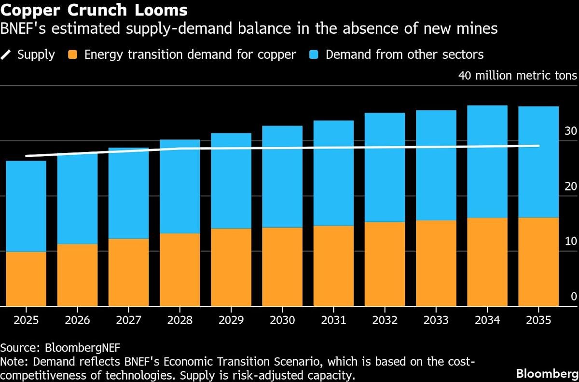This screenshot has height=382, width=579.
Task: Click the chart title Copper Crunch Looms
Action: [x=94, y=10]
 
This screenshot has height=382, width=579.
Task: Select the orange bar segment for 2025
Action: [x=26, y=279]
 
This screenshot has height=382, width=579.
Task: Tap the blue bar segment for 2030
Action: [x=282, y=177]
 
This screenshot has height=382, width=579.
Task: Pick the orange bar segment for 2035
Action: [x=538, y=261]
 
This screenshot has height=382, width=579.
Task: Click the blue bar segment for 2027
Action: [x=128, y=193]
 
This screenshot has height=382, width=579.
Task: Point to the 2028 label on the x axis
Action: [x=179, y=320]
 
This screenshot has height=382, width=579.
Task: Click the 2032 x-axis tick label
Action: [x=385, y=320]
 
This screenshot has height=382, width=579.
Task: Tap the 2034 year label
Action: [x=487, y=320]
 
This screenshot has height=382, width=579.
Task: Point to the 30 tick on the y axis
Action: [x=570, y=131]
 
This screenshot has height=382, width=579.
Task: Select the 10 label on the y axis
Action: [x=570, y=241]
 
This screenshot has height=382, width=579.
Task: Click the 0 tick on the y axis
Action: [x=574, y=296]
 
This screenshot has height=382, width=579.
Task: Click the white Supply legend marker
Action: [x=6, y=54]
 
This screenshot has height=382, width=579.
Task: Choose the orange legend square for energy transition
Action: [x=73, y=54]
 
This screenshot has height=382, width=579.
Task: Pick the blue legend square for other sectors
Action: [x=314, y=54]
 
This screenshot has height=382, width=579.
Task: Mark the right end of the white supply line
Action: [x=538, y=146]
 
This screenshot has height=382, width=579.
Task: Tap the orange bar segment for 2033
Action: [x=436, y=263]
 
